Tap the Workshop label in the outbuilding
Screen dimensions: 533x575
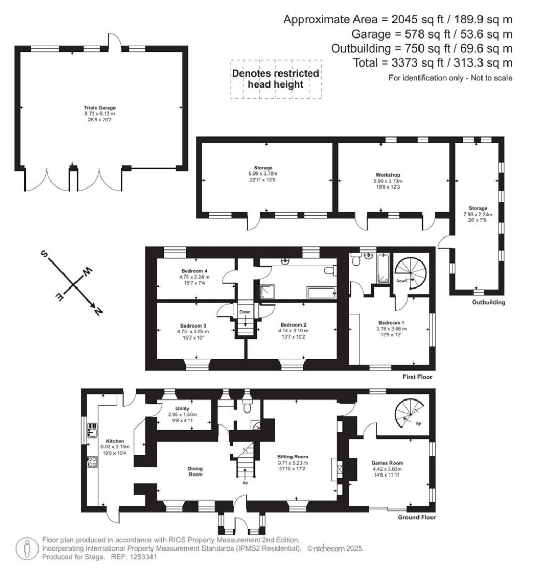tap(387, 174)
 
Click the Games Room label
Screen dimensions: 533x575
tap(387, 463)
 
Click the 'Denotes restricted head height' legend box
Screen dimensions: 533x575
tap(276, 79)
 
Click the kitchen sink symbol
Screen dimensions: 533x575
tap(93, 431)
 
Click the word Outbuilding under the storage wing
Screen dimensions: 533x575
tap(488, 302)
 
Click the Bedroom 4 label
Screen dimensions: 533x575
tap(195, 271)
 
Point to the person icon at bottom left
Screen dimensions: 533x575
tap(26, 548)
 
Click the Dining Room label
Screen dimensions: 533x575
tap(195, 471)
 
